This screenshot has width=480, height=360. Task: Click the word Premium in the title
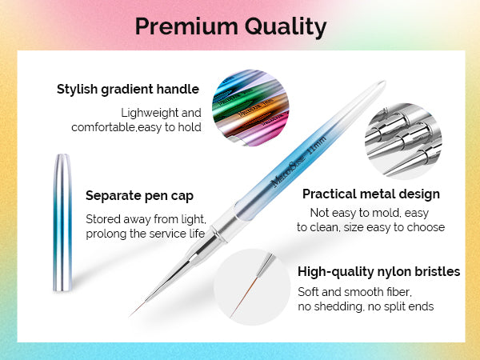pos(186,26)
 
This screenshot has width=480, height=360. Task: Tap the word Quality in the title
pos(286,27)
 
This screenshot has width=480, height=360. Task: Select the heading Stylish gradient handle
pos(128,90)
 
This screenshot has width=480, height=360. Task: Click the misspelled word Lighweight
pos(148,113)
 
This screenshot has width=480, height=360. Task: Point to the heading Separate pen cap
pos(139,196)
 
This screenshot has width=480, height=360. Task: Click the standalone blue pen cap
pos(62,222)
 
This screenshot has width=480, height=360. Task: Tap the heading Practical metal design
pos(371,194)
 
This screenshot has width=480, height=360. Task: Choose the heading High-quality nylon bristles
pos(378,272)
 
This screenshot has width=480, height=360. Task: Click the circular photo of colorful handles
pos(250,108)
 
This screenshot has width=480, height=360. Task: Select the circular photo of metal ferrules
pos(403,141)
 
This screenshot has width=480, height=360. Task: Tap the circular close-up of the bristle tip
pos(252,287)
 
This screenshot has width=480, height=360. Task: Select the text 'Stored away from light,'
pos(146,219)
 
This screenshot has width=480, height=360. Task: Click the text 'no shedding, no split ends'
pos(366,306)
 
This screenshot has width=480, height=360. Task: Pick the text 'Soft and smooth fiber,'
pos(354,292)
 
